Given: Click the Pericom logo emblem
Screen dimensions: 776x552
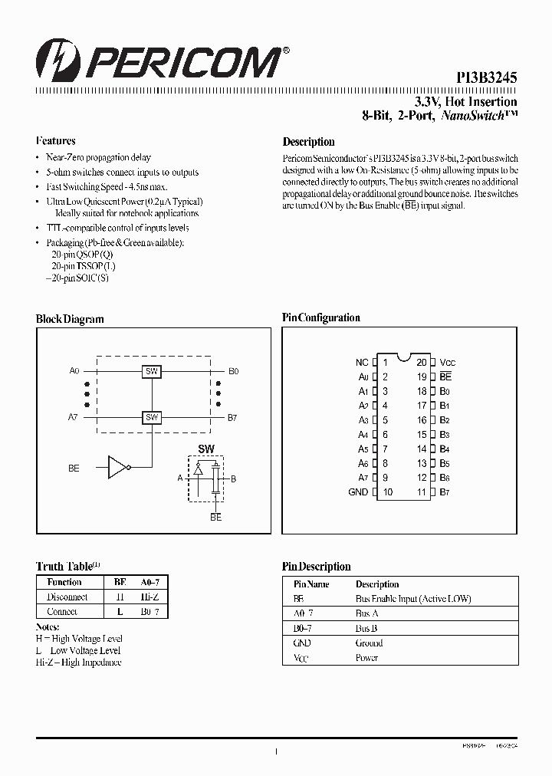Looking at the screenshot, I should point(54,60).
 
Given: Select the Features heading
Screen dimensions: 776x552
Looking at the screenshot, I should point(56,141).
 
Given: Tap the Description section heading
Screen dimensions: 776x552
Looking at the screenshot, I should point(309,142).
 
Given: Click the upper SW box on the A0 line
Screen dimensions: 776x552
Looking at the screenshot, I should point(152,371).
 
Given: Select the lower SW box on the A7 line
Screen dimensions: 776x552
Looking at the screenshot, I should point(152,417).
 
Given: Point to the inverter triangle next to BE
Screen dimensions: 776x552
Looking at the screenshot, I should point(117,467).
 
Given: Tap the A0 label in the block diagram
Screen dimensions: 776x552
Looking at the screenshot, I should point(74,371).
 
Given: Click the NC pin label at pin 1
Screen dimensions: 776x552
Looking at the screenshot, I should point(362,362).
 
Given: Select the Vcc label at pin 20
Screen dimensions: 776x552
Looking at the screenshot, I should point(449,362).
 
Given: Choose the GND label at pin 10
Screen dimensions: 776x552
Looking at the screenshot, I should point(358,492).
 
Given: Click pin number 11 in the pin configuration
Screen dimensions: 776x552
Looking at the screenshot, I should point(422,492).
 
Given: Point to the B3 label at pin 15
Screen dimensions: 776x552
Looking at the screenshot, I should point(445,435).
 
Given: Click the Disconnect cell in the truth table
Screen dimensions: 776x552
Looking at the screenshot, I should point(67,597).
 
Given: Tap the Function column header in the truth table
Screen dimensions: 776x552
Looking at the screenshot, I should point(64,582).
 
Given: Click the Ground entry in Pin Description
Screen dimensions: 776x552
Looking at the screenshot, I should point(369,643).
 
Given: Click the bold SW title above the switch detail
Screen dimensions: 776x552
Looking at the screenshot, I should point(206,449).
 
